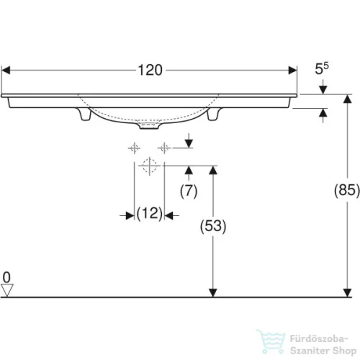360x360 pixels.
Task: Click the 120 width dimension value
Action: [150, 71]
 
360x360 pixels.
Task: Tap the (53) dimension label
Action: [212, 225]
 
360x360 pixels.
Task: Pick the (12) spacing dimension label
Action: [149, 214]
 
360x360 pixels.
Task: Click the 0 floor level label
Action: [7, 276]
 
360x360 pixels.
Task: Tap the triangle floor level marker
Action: [8, 289]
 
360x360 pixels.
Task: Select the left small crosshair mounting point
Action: [134, 148]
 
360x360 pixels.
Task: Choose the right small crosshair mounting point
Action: [164, 148]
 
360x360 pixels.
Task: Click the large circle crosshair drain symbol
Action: [149, 167]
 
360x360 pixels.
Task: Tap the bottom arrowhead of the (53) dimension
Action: [212, 291]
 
